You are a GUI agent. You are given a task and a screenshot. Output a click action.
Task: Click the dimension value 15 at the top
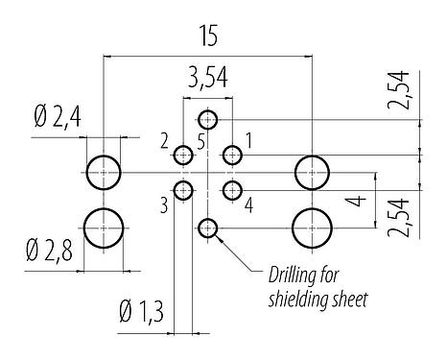pyautogui.click(x=208, y=36)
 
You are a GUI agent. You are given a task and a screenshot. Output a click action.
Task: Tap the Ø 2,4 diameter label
pyautogui.click(x=59, y=120)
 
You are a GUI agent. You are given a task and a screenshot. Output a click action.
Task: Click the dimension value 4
pyautogui.click(x=355, y=203)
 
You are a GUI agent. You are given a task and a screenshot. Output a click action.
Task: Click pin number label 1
pyautogui.click(x=248, y=140)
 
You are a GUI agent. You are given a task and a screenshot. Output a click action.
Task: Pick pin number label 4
pyautogui.click(x=248, y=204)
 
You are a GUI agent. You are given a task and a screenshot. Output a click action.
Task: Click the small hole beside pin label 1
pyautogui.click(x=231, y=154)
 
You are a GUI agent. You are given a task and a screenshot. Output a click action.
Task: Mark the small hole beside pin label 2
pyautogui.click(x=184, y=154)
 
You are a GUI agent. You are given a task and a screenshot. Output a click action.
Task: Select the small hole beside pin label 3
pyautogui.click(x=184, y=189)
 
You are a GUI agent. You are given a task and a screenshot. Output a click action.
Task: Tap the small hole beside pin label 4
pyautogui.click(x=231, y=189)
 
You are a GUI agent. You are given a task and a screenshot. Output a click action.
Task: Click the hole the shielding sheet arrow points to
pyautogui.click(x=208, y=228)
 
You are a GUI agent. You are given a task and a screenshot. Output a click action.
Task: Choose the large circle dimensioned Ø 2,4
pyautogui.click(x=104, y=173)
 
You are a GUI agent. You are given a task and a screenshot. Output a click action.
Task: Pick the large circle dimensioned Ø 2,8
pyautogui.click(x=104, y=228)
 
